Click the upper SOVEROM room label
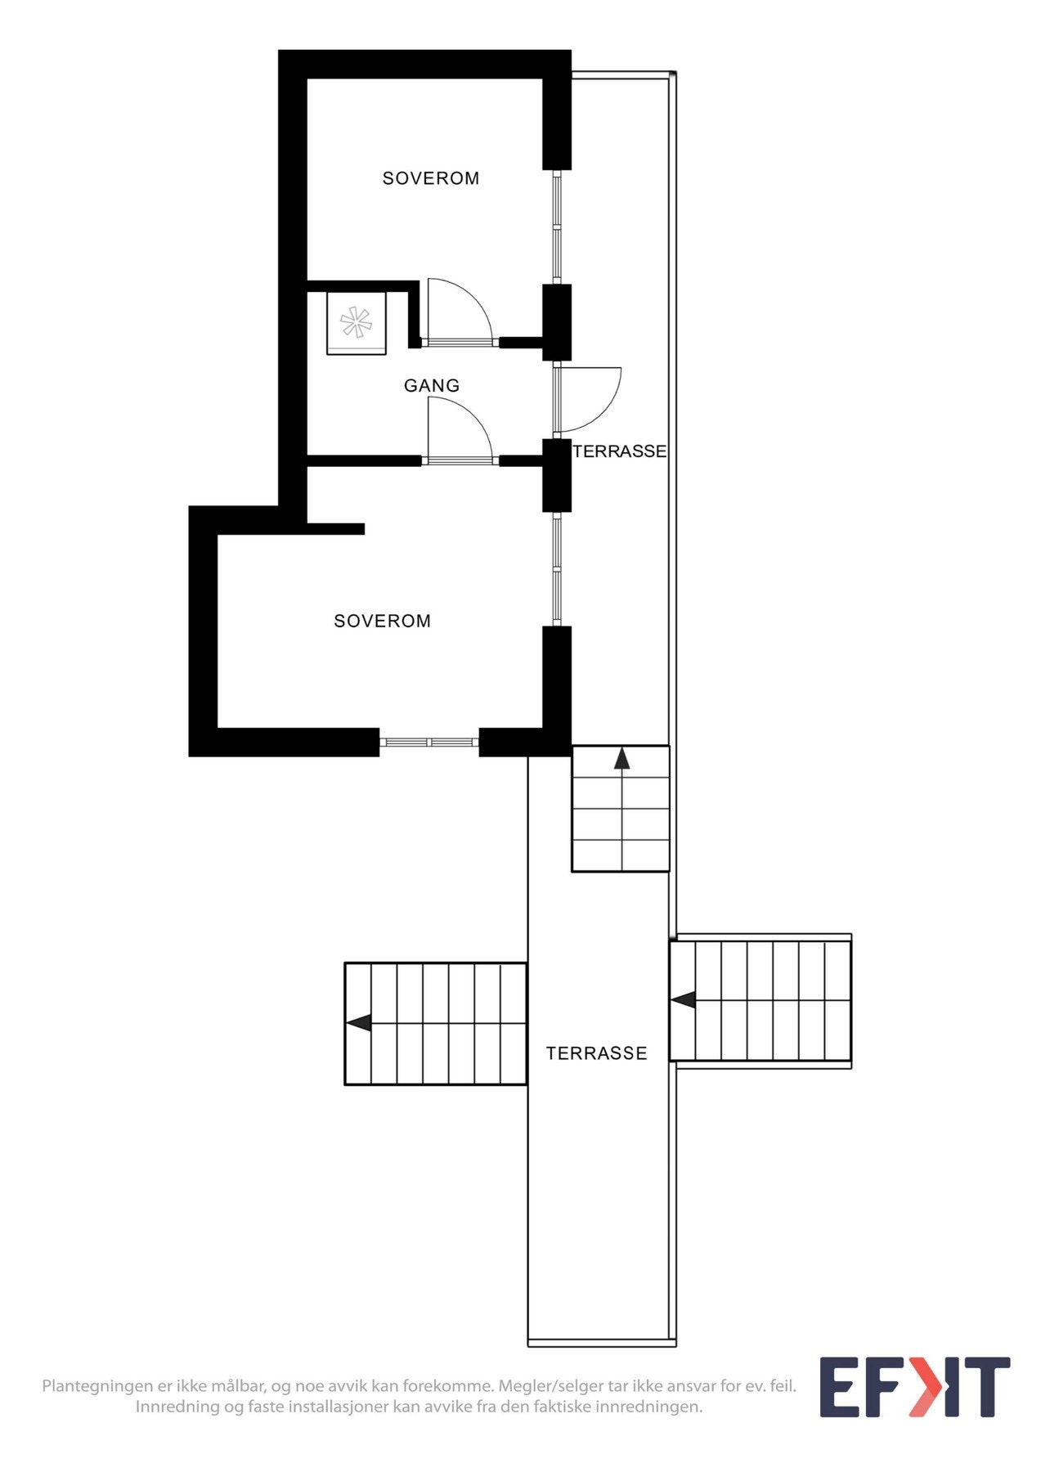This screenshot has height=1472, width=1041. pos(431,178)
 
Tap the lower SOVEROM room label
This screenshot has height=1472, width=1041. pos(382,621)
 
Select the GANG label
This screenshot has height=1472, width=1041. pos(432,385)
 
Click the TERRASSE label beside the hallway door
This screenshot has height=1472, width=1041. pos(619,451)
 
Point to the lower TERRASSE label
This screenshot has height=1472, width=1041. pos(596,1053)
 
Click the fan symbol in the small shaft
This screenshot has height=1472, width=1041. pos(356,321)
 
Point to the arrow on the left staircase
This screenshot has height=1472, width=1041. pos(358,1022)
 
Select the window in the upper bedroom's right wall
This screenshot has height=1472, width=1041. pos(558,227)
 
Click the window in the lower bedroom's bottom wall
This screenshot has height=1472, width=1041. pos(429,743)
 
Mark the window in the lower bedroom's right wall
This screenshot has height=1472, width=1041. pos(558,569)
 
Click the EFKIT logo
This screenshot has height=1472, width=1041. pos(915,1387)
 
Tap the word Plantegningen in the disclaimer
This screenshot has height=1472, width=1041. pos(98,1387)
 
